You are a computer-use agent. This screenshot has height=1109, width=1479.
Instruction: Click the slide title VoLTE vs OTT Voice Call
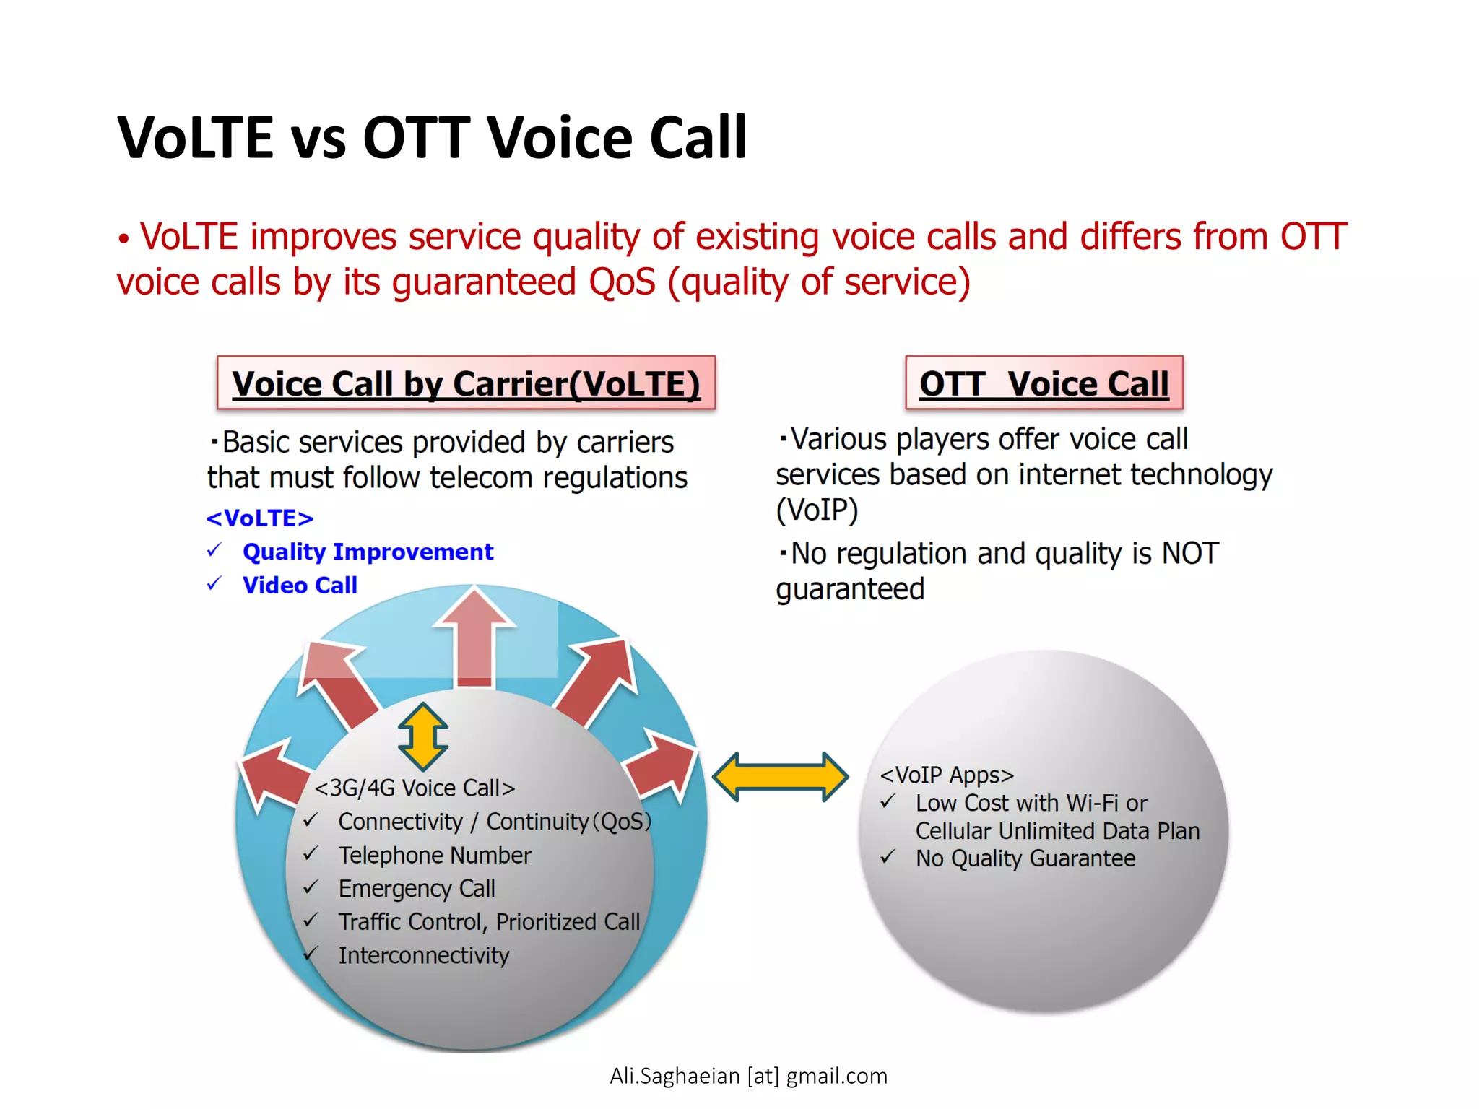tap(432, 137)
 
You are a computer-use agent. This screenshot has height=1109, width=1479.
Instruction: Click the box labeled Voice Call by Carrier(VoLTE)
tap(466, 383)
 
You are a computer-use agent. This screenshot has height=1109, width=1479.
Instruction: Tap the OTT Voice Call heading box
tap(1044, 383)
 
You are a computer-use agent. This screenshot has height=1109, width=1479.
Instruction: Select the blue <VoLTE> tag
tap(259, 518)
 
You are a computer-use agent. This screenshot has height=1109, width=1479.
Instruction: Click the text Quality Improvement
tap(368, 552)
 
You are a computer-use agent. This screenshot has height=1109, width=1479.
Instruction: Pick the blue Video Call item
tap(300, 585)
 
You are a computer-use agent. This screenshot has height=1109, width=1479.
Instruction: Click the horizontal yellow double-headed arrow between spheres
tap(780, 777)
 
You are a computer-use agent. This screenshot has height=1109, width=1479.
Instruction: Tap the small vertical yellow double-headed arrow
tap(423, 736)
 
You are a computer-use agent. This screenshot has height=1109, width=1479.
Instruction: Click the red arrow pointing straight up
tap(474, 635)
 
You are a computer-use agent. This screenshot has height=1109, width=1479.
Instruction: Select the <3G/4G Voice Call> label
tap(415, 788)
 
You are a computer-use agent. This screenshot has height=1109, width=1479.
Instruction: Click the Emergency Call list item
tap(417, 888)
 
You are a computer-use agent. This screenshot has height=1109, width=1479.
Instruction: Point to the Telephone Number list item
tap(434, 855)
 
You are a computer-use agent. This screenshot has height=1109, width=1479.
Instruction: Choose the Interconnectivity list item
tap(424, 955)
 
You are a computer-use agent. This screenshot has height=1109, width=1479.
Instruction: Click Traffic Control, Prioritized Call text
tap(489, 922)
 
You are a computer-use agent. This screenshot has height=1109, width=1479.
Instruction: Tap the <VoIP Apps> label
tap(946, 775)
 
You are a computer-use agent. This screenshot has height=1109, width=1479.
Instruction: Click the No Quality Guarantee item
tap(1025, 858)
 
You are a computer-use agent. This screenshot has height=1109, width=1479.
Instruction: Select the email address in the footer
tap(748, 1076)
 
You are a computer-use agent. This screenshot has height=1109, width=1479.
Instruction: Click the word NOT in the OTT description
tap(1189, 554)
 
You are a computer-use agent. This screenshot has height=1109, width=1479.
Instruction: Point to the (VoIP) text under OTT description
tap(817, 510)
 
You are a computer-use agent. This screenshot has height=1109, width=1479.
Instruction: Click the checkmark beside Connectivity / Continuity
tap(311, 821)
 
